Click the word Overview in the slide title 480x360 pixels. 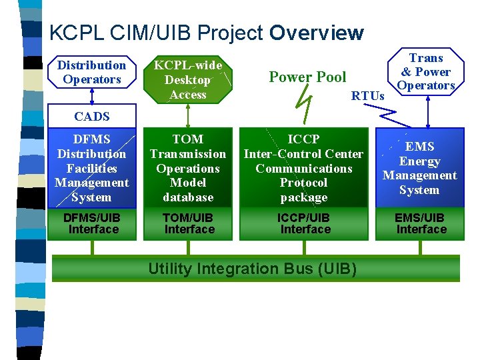(x=317, y=33)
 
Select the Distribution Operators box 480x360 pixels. (x=91, y=72)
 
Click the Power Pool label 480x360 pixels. (x=307, y=77)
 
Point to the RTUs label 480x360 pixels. (x=368, y=96)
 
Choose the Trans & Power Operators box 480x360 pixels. (x=426, y=72)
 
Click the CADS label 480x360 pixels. (x=92, y=117)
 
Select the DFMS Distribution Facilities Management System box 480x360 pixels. (x=92, y=168)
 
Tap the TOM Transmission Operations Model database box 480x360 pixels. (x=188, y=168)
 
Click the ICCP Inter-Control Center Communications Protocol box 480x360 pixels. (x=304, y=168)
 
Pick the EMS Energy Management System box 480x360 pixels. (x=419, y=168)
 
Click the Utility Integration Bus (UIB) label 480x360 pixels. (x=252, y=269)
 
